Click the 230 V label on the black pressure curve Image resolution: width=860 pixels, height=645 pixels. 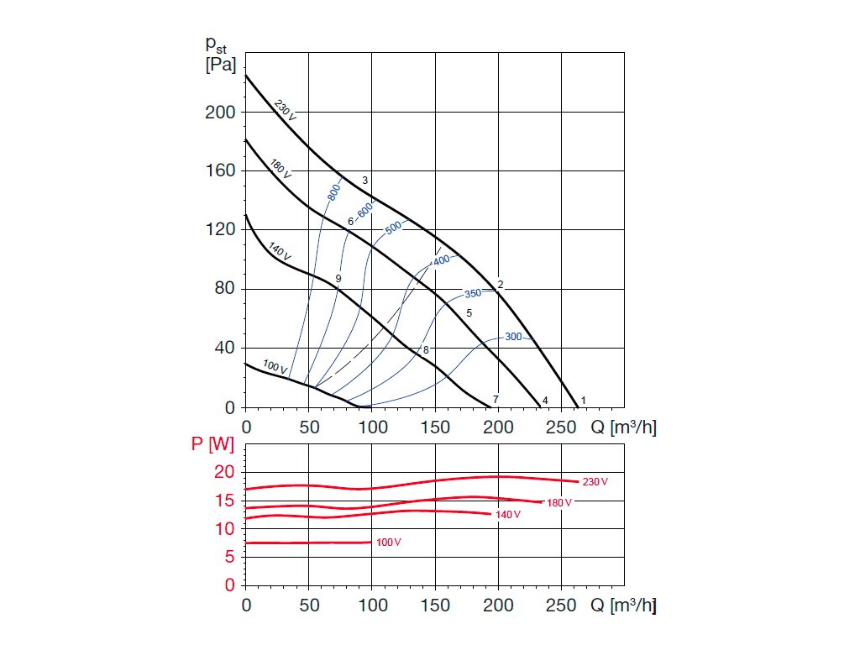coord(285,109)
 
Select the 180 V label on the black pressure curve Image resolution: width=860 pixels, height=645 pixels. coord(281,168)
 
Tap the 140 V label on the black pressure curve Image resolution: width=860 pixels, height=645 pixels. coord(280,250)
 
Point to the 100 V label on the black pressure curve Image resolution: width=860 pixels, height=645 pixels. coord(275,367)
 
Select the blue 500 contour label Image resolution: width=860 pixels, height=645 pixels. coord(394,227)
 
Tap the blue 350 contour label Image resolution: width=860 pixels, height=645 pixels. coord(474,294)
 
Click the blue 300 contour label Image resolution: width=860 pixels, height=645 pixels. coord(513,337)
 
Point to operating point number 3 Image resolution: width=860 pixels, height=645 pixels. coord(365,181)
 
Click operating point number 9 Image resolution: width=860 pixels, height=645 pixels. coord(338,278)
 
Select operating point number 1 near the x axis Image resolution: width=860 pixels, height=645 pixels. coord(584,400)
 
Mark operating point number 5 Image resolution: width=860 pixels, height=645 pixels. coord(469,312)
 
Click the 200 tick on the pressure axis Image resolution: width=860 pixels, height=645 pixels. coord(221,113)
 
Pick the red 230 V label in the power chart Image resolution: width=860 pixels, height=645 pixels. coord(595,482)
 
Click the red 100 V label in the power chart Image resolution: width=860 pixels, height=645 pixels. coord(388,543)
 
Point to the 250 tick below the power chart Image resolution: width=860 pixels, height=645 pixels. coord(561,604)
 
